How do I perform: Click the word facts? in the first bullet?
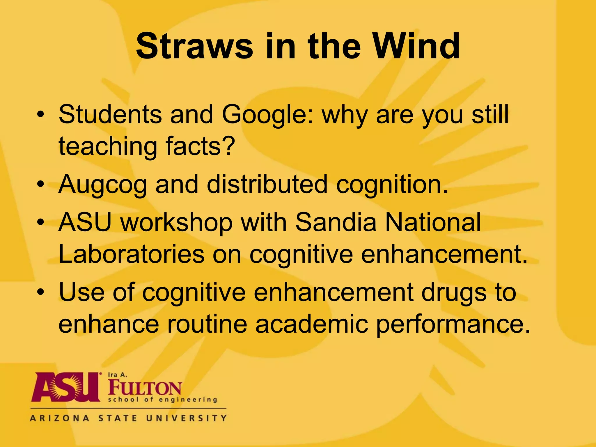click(200, 146)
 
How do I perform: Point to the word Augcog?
click(103, 185)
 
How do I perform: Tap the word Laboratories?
click(132, 254)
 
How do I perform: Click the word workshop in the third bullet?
click(177, 223)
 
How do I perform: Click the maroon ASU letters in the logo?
click(66, 387)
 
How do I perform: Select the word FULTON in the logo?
click(145, 388)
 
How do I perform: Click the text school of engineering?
click(163, 400)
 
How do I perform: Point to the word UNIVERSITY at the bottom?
click(186, 418)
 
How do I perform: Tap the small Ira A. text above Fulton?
click(118, 375)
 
